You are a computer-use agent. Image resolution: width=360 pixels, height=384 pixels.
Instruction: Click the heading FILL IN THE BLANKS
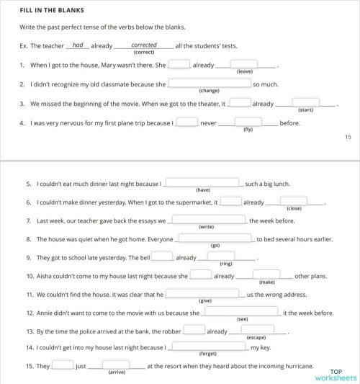point(52,11)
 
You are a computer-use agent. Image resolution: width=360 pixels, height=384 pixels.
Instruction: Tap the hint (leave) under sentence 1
point(244,71)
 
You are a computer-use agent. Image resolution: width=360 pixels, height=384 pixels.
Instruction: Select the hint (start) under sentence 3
point(305,110)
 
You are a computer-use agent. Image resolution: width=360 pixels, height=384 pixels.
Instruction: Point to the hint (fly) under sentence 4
point(248,130)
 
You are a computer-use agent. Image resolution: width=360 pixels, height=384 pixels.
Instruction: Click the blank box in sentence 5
point(202,182)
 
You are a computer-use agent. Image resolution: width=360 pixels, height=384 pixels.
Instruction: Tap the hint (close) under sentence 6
point(294,208)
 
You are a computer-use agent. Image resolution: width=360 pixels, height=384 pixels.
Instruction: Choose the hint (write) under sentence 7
point(207,227)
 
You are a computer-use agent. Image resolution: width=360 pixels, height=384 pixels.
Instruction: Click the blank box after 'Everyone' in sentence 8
point(214,238)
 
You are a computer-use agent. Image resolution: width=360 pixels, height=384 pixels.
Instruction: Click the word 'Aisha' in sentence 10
point(44,276)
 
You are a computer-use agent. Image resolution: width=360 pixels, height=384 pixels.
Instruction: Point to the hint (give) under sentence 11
point(205,300)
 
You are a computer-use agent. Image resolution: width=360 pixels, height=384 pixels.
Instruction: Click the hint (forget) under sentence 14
point(207,354)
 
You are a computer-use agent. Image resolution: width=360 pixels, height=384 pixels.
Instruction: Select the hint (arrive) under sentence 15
point(117,372)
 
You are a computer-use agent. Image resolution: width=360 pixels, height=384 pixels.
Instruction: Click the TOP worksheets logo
point(336,374)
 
